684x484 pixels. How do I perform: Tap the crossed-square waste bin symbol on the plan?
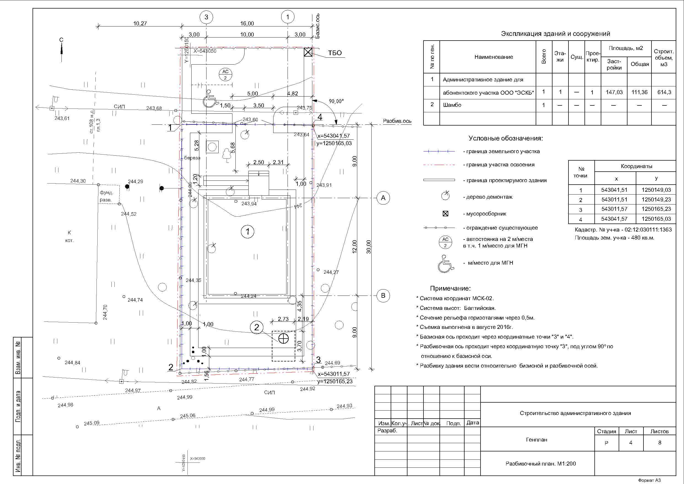coord(308,52)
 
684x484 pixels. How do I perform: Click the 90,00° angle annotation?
coord(336,101)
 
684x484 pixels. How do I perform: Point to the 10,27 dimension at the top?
coord(140,23)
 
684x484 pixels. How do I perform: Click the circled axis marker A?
coord(383,198)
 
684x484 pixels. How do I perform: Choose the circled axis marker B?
coord(383,296)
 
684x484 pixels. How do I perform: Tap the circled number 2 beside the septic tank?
coord(256,328)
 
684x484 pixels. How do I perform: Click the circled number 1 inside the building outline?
coord(248,232)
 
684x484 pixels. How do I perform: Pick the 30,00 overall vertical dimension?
coord(369,247)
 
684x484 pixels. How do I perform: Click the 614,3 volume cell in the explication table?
coord(664,92)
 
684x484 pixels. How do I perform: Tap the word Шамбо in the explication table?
coord(452,105)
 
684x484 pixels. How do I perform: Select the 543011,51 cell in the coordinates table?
coord(614,200)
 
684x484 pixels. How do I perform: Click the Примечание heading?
coord(450,288)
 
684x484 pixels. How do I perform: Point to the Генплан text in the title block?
coord(537,440)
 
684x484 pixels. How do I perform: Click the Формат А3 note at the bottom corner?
coord(649,480)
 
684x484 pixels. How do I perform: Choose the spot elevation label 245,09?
coord(92,423)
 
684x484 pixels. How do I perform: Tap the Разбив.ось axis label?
coord(397,121)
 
